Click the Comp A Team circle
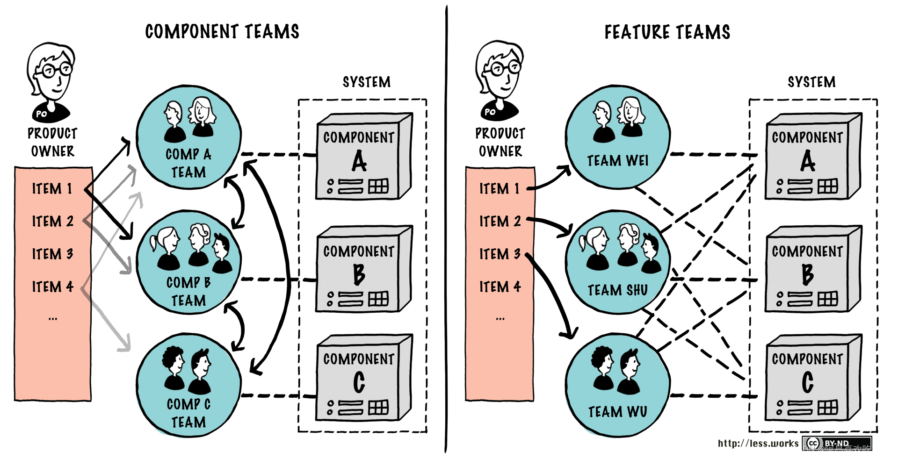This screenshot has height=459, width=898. click(189, 137)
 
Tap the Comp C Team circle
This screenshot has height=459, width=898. click(189, 386)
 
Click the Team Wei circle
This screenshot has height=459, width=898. click(618, 137)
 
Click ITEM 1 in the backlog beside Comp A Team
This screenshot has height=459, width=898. click(52, 189)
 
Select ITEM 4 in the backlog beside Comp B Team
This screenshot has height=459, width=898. click(52, 287)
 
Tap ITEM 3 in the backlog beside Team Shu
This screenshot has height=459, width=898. click(500, 254)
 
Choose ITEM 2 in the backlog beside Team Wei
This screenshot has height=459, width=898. click(500, 221)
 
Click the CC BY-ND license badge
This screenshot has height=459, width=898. click(836, 443)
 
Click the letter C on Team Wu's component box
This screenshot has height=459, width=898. click(808, 382)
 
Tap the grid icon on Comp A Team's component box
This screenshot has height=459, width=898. click(378, 186)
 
